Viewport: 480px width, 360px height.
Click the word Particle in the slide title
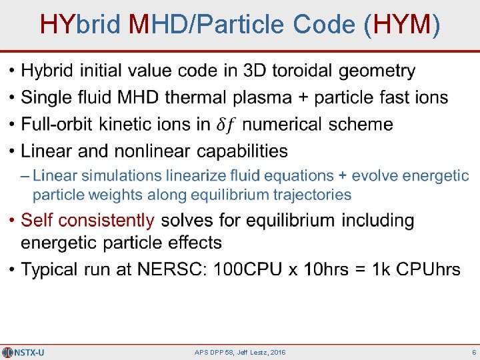[249, 25]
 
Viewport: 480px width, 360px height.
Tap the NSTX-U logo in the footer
[23, 352]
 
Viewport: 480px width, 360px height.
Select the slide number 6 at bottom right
[473, 352]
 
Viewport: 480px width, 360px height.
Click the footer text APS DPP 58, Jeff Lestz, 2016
[240, 352]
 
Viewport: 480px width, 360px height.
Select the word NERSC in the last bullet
[169, 269]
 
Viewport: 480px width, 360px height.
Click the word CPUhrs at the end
[428, 269]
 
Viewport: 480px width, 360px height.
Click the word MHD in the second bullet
[139, 98]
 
